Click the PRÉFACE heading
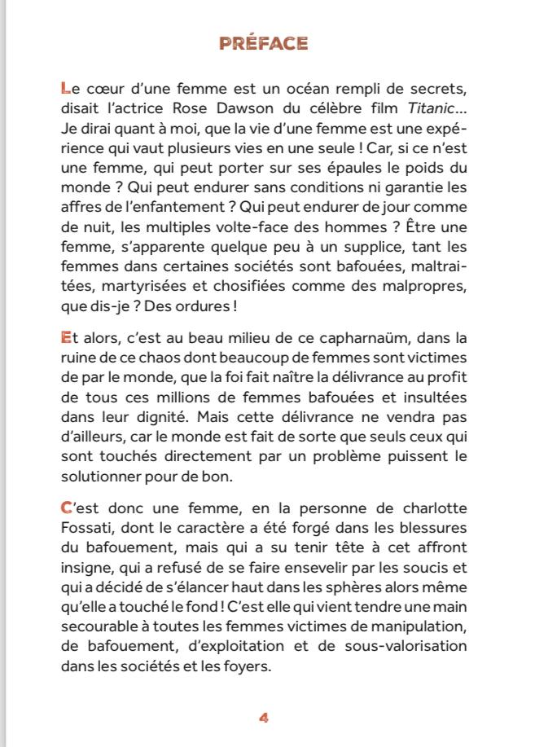pos(263,44)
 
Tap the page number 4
pos(263,718)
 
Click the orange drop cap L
pos(66,87)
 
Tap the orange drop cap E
pos(66,336)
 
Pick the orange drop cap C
pos(67,505)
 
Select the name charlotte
pos(435,505)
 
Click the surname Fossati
pos(87,525)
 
